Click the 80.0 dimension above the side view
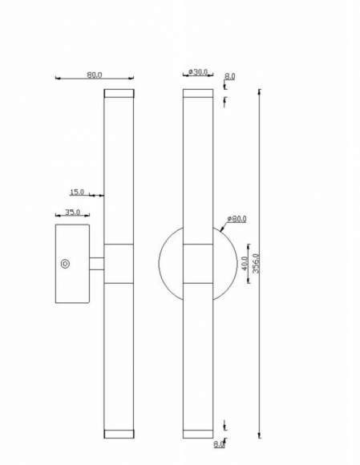click(95, 75)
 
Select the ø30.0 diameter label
click(197, 72)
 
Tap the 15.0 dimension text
click(77, 192)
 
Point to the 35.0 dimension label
click(72, 212)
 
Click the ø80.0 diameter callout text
click(237, 218)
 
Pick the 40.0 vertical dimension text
click(245, 264)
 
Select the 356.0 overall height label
click(256, 264)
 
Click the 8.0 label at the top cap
click(230, 76)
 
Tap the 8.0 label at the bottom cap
click(219, 443)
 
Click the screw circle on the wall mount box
click(65, 263)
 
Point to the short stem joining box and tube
click(96, 263)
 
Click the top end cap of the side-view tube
click(119, 93)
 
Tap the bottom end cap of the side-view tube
click(119, 434)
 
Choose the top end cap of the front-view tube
click(197, 93)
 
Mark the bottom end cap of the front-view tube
click(197, 434)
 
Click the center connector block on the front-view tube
click(197, 263)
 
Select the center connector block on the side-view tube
click(119, 263)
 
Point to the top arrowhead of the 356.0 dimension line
click(259, 91)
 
